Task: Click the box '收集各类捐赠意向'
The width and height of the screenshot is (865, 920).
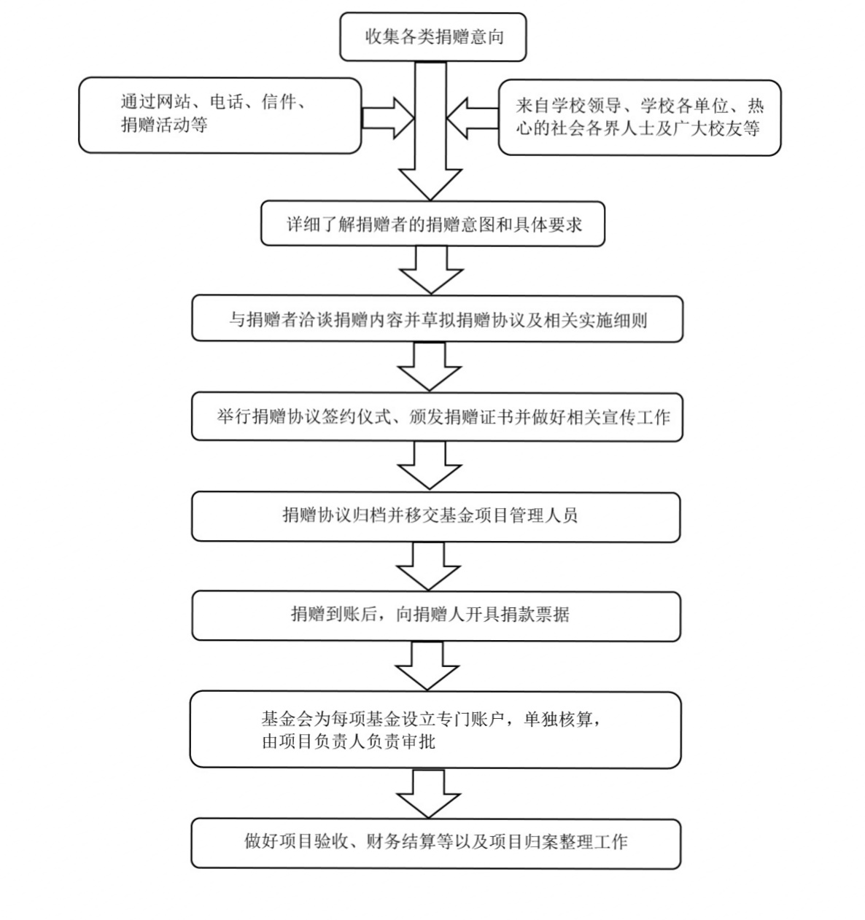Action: coord(432,37)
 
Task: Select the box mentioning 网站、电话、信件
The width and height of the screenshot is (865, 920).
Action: coord(220,115)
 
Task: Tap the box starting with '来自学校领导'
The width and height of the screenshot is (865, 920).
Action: coord(639,118)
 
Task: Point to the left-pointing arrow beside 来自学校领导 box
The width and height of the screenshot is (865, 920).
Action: coord(472,117)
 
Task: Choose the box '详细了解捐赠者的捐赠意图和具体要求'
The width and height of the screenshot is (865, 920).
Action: coord(432,224)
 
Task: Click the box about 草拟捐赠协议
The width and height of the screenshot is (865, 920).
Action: coord(437,319)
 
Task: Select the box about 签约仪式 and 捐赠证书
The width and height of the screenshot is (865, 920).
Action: coord(437,417)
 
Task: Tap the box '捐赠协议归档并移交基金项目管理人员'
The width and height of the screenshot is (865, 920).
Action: coord(435,516)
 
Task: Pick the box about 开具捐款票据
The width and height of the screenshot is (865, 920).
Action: coord(435,616)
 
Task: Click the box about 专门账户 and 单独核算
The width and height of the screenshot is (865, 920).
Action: coord(435,730)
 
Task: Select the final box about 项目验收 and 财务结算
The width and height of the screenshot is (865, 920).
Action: coord(435,843)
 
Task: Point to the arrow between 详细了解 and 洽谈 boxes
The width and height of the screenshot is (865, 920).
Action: coord(431,270)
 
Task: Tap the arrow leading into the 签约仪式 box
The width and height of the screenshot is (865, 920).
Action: coord(430,367)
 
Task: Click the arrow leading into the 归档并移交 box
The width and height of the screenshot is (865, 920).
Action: coord(430,466)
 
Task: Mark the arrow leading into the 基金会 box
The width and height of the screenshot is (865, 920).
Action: coord(428,666)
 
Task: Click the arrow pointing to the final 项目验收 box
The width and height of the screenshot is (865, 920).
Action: coord(428,793)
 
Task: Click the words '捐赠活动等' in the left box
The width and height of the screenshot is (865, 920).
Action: coord(164,125)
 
